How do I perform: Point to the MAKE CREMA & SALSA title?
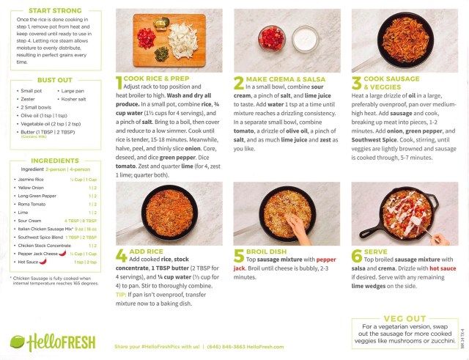pos(279,78)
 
